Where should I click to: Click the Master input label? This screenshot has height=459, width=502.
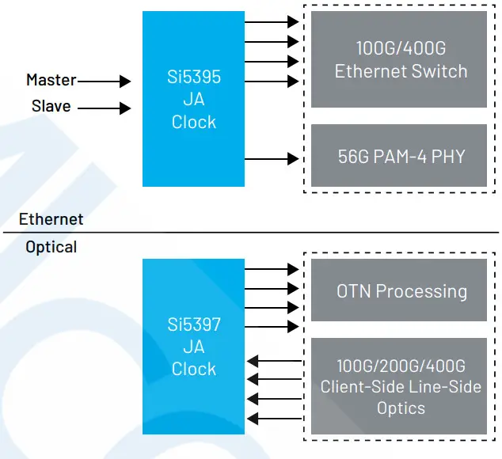51,80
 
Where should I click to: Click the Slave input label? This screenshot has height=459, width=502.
51,106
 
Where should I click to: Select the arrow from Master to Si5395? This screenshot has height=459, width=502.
105,81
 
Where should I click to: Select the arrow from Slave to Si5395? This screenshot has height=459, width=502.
105,108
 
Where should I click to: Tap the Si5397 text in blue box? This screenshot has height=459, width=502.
193,325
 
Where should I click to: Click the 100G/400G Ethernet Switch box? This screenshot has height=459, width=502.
400,60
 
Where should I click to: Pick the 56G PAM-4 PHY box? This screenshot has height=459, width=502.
400,156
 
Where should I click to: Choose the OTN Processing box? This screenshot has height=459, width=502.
400,290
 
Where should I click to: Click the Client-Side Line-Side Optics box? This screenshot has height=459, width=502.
400,386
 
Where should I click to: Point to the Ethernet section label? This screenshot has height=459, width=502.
51,218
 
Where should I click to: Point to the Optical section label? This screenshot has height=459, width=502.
51,247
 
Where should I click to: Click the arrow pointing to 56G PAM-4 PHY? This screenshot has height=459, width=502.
272,160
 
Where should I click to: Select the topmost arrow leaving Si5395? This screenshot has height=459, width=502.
272,22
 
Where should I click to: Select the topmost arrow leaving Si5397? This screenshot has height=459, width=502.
272,270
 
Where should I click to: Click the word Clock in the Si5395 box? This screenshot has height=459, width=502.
193,123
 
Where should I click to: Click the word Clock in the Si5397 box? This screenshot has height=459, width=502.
193,369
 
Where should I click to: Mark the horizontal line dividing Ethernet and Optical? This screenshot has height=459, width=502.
250,233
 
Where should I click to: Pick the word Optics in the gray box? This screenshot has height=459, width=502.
400,408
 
